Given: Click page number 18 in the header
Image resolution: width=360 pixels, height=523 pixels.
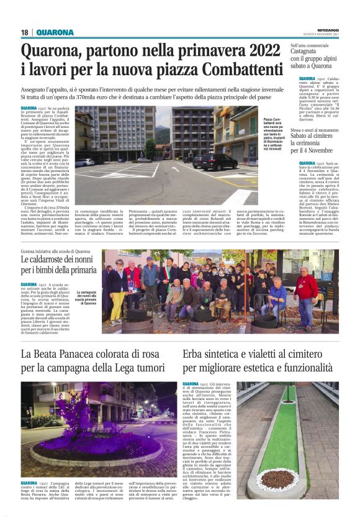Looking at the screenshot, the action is tap(24, 32).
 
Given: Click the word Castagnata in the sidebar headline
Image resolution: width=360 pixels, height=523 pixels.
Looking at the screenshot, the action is tap(312, 54).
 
